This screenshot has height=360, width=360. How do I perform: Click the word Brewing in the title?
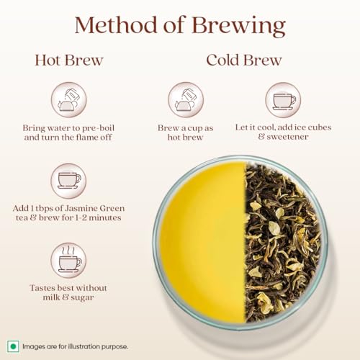tap(239, 27)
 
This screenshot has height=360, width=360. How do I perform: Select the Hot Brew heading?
tap(69, 60)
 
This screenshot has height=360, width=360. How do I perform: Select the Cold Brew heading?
tap(244, 60)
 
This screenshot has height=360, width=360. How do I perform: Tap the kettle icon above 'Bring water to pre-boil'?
tap(69, 100)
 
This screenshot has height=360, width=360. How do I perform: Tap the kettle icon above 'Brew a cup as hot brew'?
tap(186, 100)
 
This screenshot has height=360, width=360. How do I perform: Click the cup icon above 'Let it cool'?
tap(283, 100)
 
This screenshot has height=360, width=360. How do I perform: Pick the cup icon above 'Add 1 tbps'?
tap(68, 181)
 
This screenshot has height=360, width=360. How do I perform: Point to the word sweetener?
tap(287, 137)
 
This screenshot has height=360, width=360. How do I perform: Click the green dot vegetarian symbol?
tap(13, 346)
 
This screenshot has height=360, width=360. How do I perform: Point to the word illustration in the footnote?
tap(84, 346)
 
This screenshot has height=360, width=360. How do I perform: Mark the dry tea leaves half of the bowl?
tap(283, 243)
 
